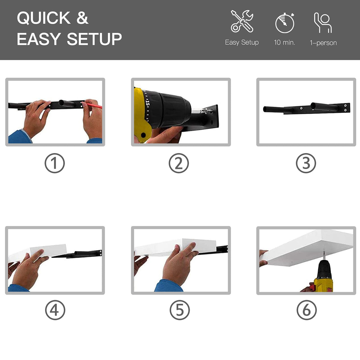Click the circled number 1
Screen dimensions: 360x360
point(55,163)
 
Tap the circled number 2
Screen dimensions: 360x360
point(179,163)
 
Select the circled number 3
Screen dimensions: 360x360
point(306,163)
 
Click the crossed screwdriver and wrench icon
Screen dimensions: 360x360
point(242,21)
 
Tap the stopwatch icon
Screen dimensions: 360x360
point(285,23)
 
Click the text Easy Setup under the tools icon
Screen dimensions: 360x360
point(242,42)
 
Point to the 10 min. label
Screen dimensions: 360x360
point(284,42)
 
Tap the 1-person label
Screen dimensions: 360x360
point(323,43)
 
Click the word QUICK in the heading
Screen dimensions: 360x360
point(44,18)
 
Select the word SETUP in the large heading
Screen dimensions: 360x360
point(94,39)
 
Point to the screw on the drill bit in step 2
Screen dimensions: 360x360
point(209,111)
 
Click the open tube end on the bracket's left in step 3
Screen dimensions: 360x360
point(265,109)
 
